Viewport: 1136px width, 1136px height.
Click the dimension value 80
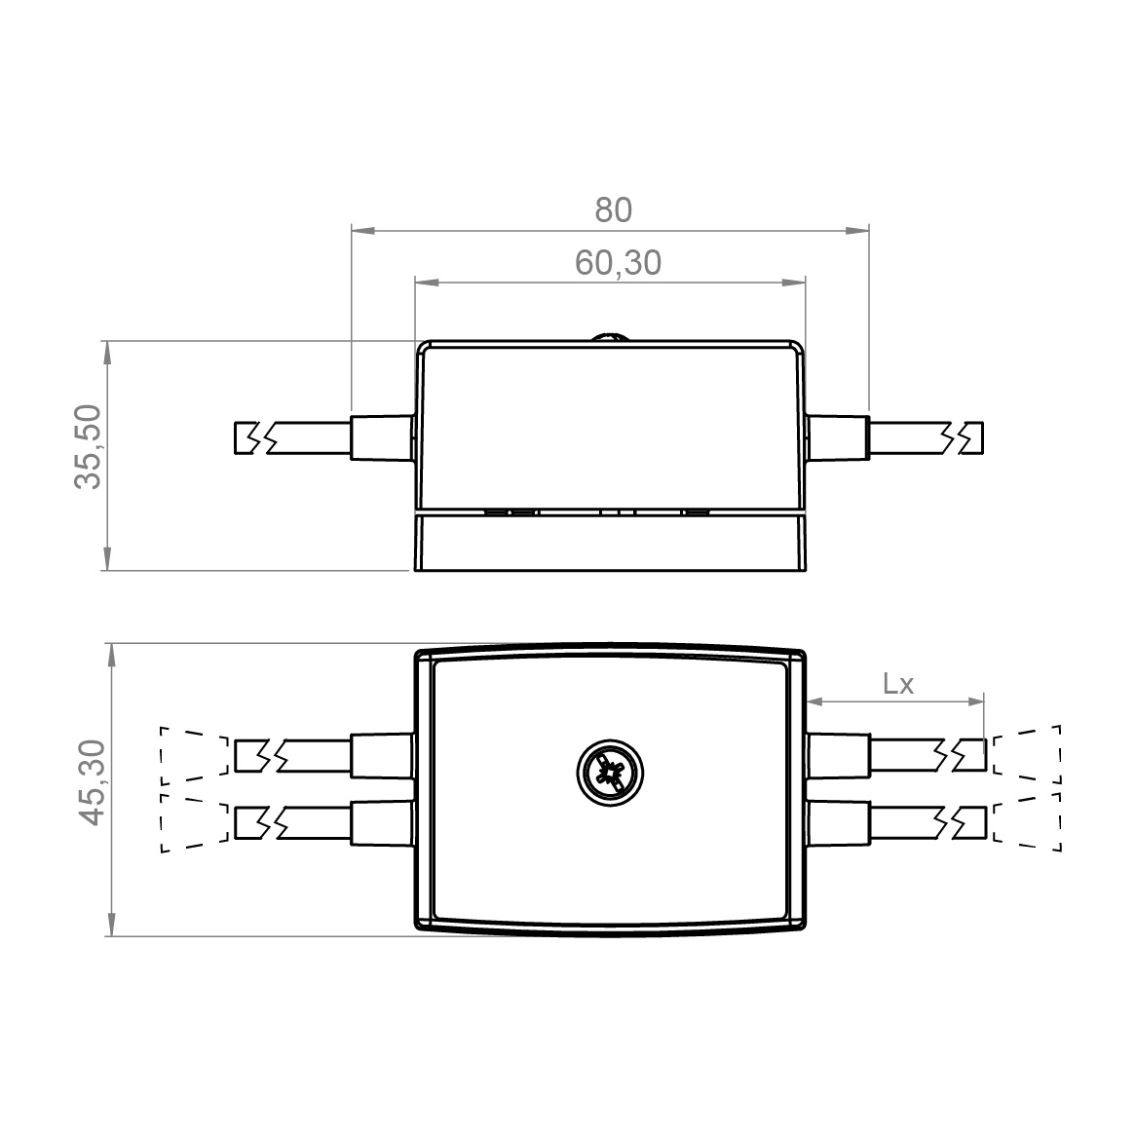(614, 210)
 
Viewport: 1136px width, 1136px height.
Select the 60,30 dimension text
(618, 262)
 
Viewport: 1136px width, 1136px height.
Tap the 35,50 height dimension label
(89, 447)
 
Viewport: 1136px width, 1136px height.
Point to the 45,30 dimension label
(92, 782)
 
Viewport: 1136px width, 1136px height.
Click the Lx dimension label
(897, 683)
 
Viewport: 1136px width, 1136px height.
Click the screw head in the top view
(610, 773)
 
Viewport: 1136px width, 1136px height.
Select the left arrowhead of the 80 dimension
(363, 230)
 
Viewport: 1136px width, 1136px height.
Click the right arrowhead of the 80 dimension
(857, 230)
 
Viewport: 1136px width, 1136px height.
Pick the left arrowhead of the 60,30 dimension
(427, 282)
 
